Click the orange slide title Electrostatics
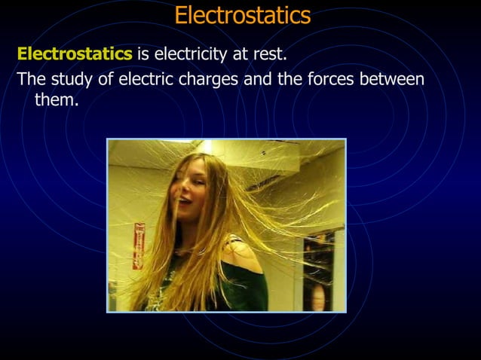click(x=242, y=15)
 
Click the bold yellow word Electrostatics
click(x=74, y=54)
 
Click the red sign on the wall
click(x=138, y=245)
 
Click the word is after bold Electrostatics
click(x=143, y=54)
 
